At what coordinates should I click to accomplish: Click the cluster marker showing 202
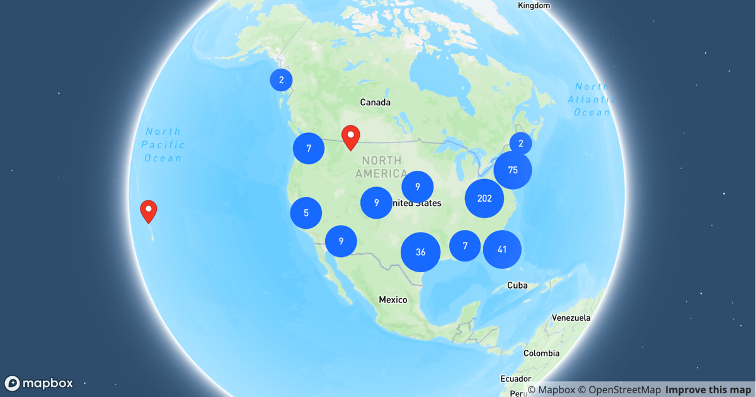click(x=484, y=198)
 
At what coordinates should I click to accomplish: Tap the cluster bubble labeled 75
click(x=513, y=170)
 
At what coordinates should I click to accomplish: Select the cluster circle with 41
click(x=502, y=250)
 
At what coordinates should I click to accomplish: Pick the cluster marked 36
click(x=420, y=252)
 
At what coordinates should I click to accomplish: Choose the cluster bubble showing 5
click(x=306, y=213)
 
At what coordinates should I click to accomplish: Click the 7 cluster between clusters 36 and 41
click(x=465, y=246)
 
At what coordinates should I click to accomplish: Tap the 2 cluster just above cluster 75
click(x=521, y=144)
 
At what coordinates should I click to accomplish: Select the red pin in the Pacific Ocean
click(x=148, y=210)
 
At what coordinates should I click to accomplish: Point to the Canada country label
click(x=375, y=102)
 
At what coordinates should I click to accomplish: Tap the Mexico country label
click(x=393, y=300)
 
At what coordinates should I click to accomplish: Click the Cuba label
click(x=517, y=285)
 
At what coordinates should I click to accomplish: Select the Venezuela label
click(x=571, y=318)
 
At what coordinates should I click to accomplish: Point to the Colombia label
click(x=541, y=354)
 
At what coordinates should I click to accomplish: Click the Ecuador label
click(x=515, y=379)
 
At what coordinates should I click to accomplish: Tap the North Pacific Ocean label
click(x=163, y=145)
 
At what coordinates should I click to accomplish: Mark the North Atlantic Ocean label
click(x=591, y=100)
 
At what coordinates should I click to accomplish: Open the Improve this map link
click(x=708, y=390)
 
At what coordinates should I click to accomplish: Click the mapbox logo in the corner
click(x=39, y=383)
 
